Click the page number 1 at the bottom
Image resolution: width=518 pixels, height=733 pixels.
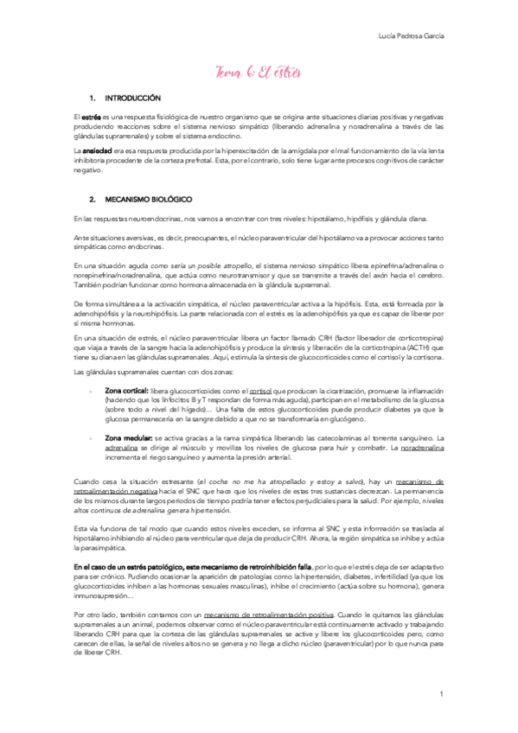coord(441,694)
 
